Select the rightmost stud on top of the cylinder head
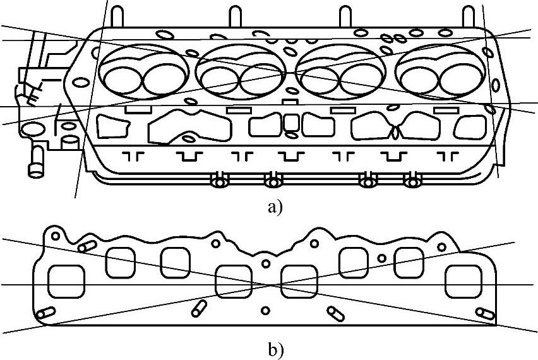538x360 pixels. (468, 18)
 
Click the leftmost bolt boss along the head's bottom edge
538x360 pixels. (219, 182)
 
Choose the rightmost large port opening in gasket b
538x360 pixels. (463, 282)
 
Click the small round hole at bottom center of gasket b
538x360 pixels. (265, 310)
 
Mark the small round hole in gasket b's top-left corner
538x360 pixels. (56, 236)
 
